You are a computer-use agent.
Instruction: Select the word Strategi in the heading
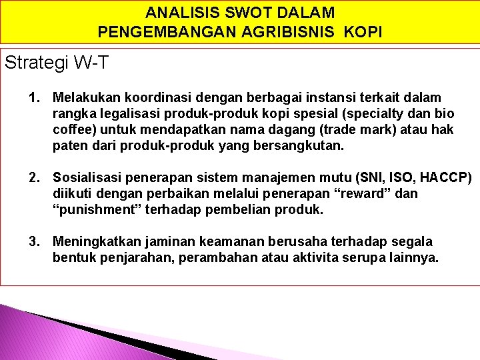pyautogui.click(x=35, y=63)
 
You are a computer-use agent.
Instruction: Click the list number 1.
pyautogui.click(x=33, y=98)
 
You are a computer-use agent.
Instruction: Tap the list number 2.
pyautogui.click(x=33, y=178)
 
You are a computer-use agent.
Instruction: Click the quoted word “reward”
pyautogui.click(x=362, y=194)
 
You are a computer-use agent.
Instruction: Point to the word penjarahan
pyautogui.click(x=133, y=258)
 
